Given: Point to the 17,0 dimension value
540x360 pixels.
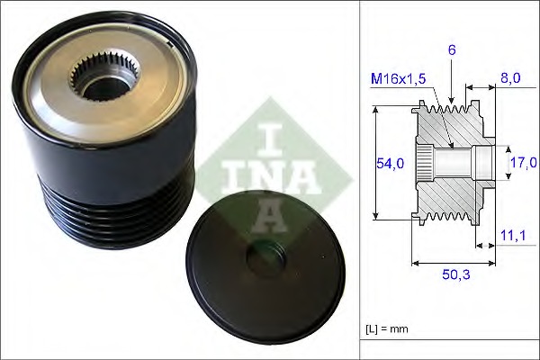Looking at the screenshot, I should coord(522,163).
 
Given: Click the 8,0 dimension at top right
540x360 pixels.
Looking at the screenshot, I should coord(511,78).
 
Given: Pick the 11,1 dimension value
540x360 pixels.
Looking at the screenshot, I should coord(511,236).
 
